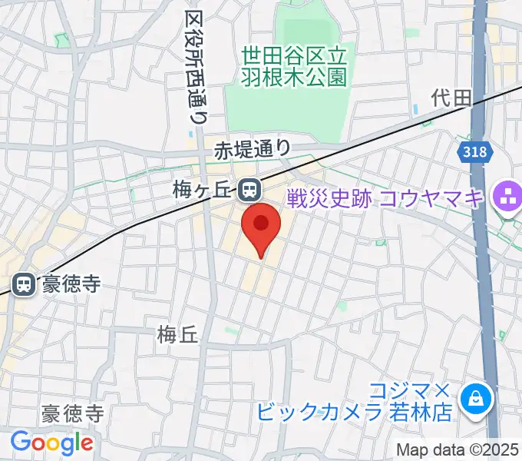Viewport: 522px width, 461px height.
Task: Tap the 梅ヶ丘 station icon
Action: [x=249, y=189]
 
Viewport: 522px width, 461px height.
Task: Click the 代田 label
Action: [x=450, y=98]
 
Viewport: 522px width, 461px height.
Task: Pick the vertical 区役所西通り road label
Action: [x=195, y=68]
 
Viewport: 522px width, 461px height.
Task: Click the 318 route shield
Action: [x=475, y=152]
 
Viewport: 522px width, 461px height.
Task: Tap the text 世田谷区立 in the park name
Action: [x=295, y=55]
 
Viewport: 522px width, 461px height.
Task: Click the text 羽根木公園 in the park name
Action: [x=295, y=77]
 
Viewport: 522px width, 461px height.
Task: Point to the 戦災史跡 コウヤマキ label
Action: [x=385, y=198]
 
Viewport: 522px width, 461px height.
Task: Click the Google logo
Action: [x=51, y=443]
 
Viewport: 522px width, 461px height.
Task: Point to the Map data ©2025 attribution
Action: [x=458, y=449]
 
